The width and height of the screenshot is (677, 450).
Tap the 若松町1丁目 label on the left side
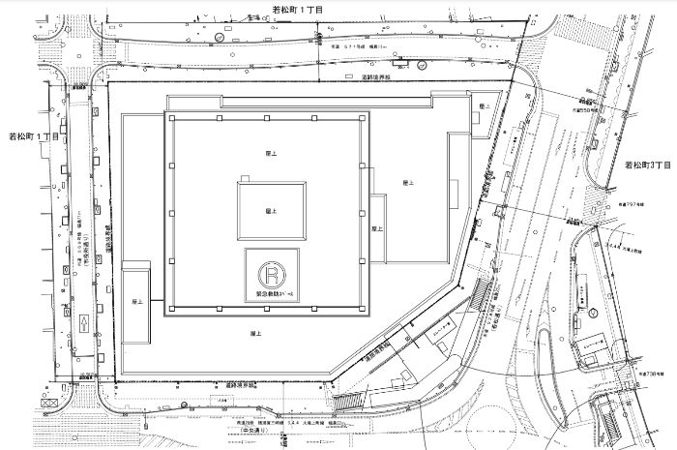(33, 137)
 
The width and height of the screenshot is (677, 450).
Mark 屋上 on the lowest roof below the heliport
(256, 333)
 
